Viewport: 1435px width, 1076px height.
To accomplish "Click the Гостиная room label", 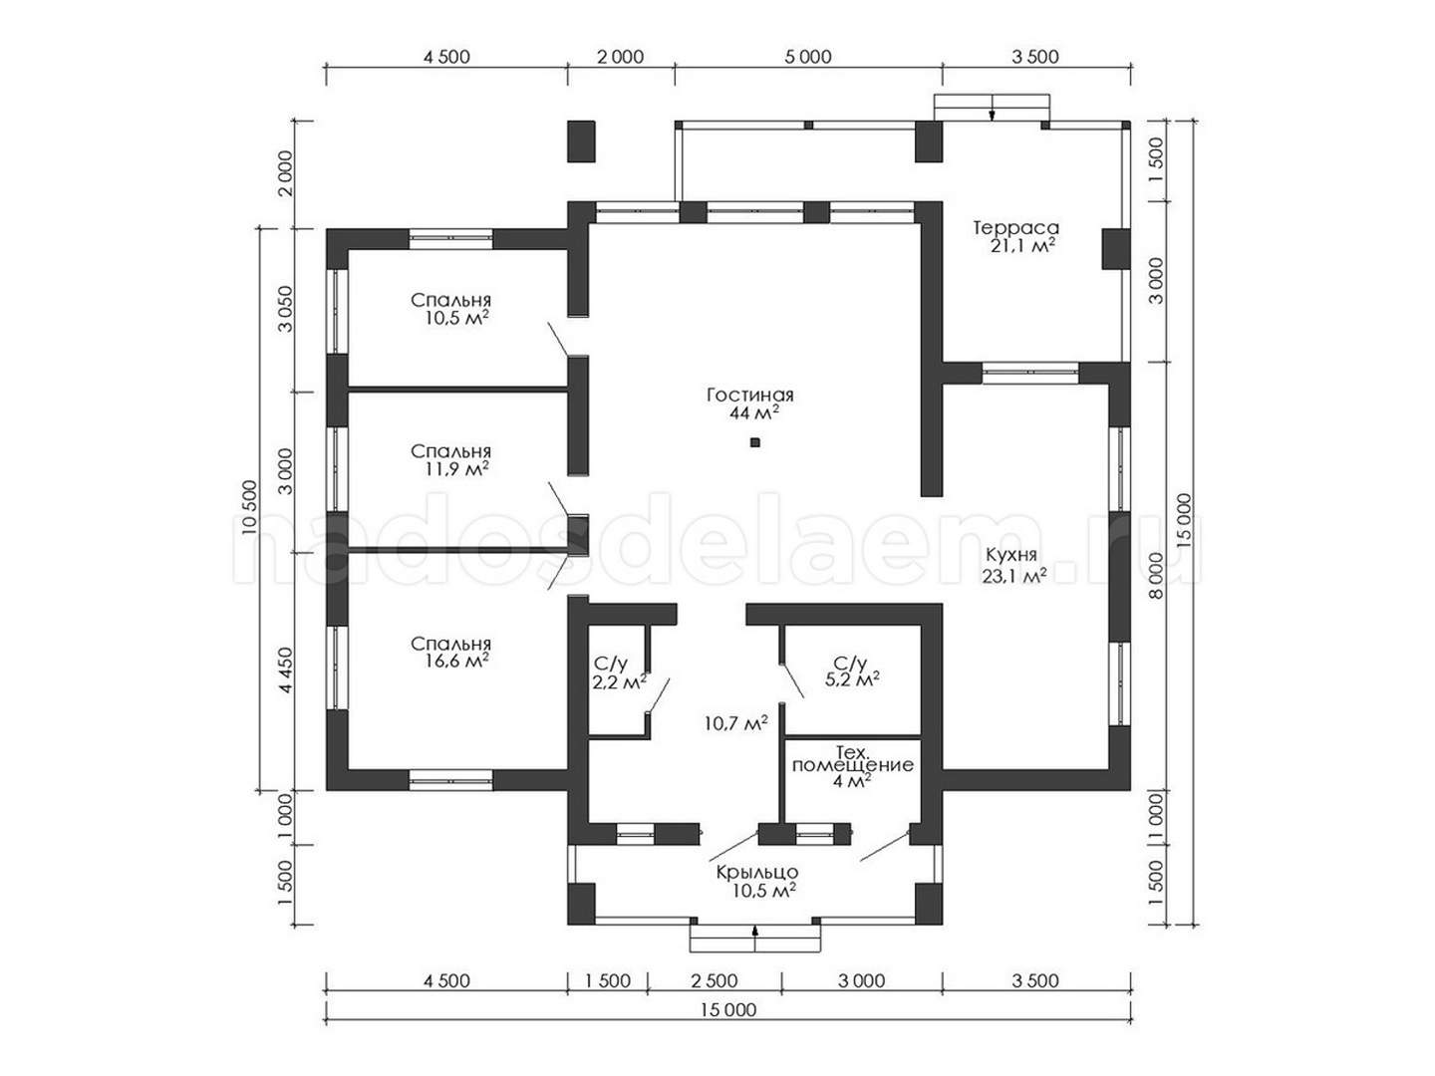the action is tap(749, 396).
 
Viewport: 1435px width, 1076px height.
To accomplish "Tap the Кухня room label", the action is tap(1010, 555).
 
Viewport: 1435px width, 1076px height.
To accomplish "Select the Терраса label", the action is tap(1015, 228).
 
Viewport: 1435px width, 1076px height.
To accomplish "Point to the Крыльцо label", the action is tap(757, 872).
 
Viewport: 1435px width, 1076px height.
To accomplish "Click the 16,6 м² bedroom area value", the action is tap(456, 662).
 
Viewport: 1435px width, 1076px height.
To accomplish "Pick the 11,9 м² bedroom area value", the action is tap(456, 468).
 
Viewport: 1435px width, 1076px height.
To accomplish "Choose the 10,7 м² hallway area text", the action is tap(736, 722).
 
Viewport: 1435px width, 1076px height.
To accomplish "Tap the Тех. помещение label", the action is tap(852, 757).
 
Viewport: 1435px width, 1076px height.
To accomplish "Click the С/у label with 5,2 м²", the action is tap(850, 664).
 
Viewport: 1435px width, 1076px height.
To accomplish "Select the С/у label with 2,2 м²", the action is tap(611, 664).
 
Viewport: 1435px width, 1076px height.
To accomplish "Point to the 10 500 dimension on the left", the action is tap(250, 508).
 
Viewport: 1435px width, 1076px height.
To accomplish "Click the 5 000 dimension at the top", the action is tap(808, 58).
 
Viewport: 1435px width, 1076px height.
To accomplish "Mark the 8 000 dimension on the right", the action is tap(1156, 576).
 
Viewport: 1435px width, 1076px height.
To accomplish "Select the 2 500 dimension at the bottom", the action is tap(714, 980).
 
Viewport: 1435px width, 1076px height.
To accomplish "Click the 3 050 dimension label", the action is tap(286, 309).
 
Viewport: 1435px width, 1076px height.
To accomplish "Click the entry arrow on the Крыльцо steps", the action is tap(755, 939).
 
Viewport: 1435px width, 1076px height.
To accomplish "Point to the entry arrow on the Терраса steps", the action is tap(992, 109).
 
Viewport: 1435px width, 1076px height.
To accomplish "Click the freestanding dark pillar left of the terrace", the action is tap(581, 141).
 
